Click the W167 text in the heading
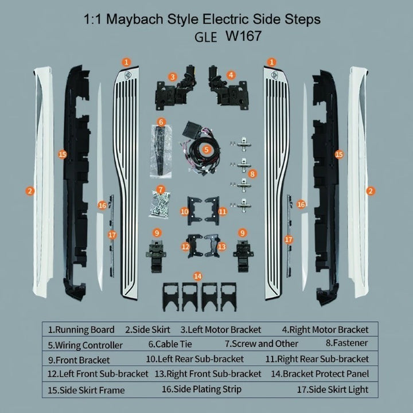pyautogui.click(x=243, y=36)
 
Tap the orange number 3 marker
pyautogui.click(x=173, y=77)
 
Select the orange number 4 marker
pyautogui.click(x=231, y=75)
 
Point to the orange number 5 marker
pyautogui.click(x=206, y=150)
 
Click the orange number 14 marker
pyautogui.click(x=197, y=276)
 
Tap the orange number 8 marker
pyautogui.click(x=252, y=174)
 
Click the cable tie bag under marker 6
pyautogui.click(x=161, y=151)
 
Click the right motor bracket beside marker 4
pyautogui.click(x=228, y=88)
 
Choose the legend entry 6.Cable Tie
pyautogui.click(x=170, y=344)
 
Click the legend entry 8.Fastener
pyautogui.click(x=346, y=343)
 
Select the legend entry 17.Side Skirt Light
pyautogui.click(x=333, y=389)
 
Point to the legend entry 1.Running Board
pyautogui.click(x=81, y=330)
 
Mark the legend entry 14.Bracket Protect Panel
pyautogui.click(x=320, y=374)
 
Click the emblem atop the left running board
pyautogui.click(x=128, y=75)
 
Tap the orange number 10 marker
pyautogui.click(x=184, y=212)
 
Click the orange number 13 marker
pyautogui.click(x=222, y=247)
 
